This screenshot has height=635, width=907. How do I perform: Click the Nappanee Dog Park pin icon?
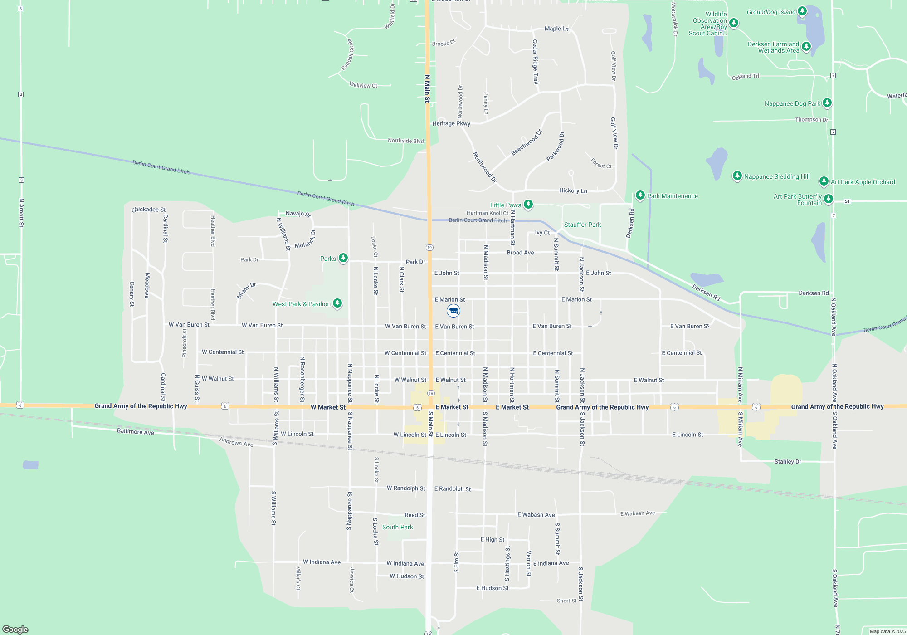click(x=827, y=103)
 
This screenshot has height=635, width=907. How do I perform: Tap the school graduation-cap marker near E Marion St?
click(x=453, y=311)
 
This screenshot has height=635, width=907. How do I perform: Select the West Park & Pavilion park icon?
click(x=337, y=303)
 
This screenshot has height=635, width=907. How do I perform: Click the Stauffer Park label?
click(x=582, y=225)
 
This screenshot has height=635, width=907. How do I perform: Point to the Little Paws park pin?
click(x=528, y=205)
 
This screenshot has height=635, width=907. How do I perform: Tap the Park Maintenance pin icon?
click(x=640, y=195)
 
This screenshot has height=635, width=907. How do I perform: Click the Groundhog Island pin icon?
click(x=802, y=11)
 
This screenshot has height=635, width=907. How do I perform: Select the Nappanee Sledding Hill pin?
click(x=737, y=176)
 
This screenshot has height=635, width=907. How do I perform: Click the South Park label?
click(x=397, y=527)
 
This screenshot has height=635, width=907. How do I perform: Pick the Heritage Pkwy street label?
click(x=451, y=123)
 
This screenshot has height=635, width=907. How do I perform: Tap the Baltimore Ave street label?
click(x=135, y=431)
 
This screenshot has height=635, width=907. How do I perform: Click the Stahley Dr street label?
click(x=788, y=462)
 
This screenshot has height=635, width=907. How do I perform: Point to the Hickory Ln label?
click(x=573, y=190)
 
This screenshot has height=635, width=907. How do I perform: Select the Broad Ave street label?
click(x=520, y=253)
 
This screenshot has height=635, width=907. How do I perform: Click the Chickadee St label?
click(x=149, y=210)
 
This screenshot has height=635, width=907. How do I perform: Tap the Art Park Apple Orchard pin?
click(x=824, y=181)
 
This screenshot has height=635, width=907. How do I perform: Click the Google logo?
click(x=15, y=629)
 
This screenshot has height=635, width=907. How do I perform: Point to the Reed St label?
click(x=414, y=515)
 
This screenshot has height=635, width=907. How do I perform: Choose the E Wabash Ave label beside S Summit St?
click(x=536, y=515)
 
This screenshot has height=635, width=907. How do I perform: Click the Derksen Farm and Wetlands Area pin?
click(x=806, y=46)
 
